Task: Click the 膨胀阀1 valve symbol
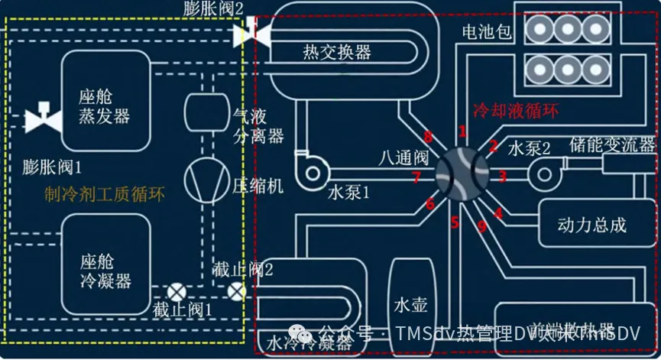[x=44, y=119]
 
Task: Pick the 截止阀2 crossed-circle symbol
[x=237, y=290]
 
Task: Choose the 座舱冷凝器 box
[x=105, y=264]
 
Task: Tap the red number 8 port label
[x=429, y=138]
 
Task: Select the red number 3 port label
[x=502, y=177]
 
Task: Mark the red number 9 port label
[x=481, y=226]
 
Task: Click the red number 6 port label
[x=430, y=203]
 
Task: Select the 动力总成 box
[x=592, y=224]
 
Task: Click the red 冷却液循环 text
[x=517, y=109]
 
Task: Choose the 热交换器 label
[x=337, y=52]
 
